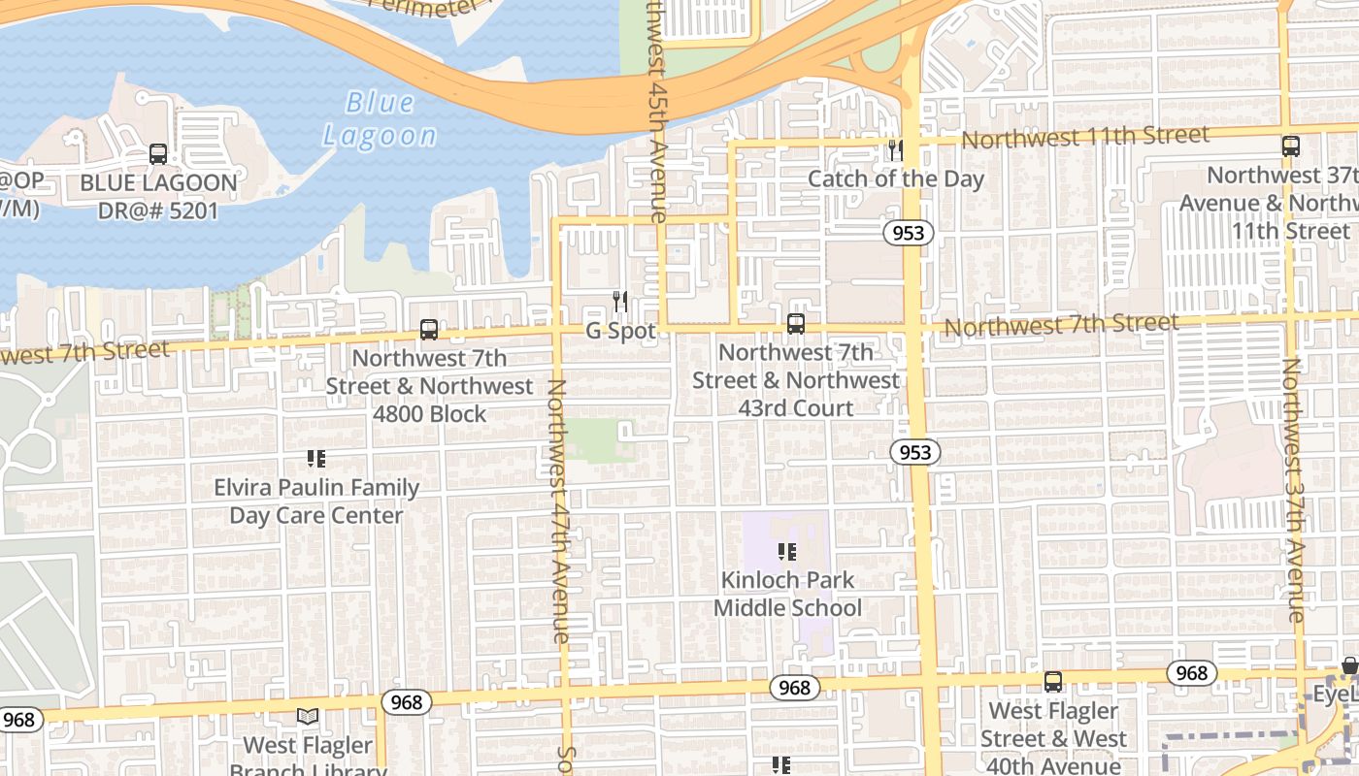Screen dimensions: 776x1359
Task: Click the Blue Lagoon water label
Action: pyautogui.click(x=380, y=118)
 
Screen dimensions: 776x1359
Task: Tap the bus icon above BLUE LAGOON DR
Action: pyautogui.click(x=158, y=153)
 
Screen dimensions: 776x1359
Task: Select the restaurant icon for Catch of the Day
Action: pyautogui.click(x=895, y=150)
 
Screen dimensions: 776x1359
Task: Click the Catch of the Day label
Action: pyautogui.click(x=895, y=179)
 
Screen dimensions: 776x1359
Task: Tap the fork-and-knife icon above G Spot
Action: pyautogui.click(x=620, y=302)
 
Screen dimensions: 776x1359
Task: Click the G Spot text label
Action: pyautogui.click(x=620, y=331)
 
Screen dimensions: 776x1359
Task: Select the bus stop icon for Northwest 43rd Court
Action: pyautogui.click(x=796, y=324)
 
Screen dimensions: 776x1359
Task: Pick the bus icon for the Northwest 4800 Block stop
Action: pyautogui.click(x=429, y=330)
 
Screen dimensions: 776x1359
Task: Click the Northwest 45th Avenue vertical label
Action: pyautogui.click(x=657, y=112)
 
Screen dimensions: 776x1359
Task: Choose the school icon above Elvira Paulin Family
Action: pyautogui.click(x=315, y=458)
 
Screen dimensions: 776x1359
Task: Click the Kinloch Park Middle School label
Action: pyautogui.click(x=787, y=594)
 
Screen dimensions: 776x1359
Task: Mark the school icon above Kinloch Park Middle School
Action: pyautogui.click(x=787, y=552)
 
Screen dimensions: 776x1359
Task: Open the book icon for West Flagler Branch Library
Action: pyautogui.click(x=308, y=717)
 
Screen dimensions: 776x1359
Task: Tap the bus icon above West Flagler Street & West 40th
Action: pyautogui.click(x=1053, y=682)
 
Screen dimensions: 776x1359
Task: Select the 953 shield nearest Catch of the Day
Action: pyautogui.click(x=908, y=233)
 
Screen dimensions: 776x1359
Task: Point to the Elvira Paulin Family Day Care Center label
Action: pyautogui.click(x=316, y=501)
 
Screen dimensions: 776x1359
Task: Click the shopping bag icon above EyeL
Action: pyautogui.click(x=1349, y=665)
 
